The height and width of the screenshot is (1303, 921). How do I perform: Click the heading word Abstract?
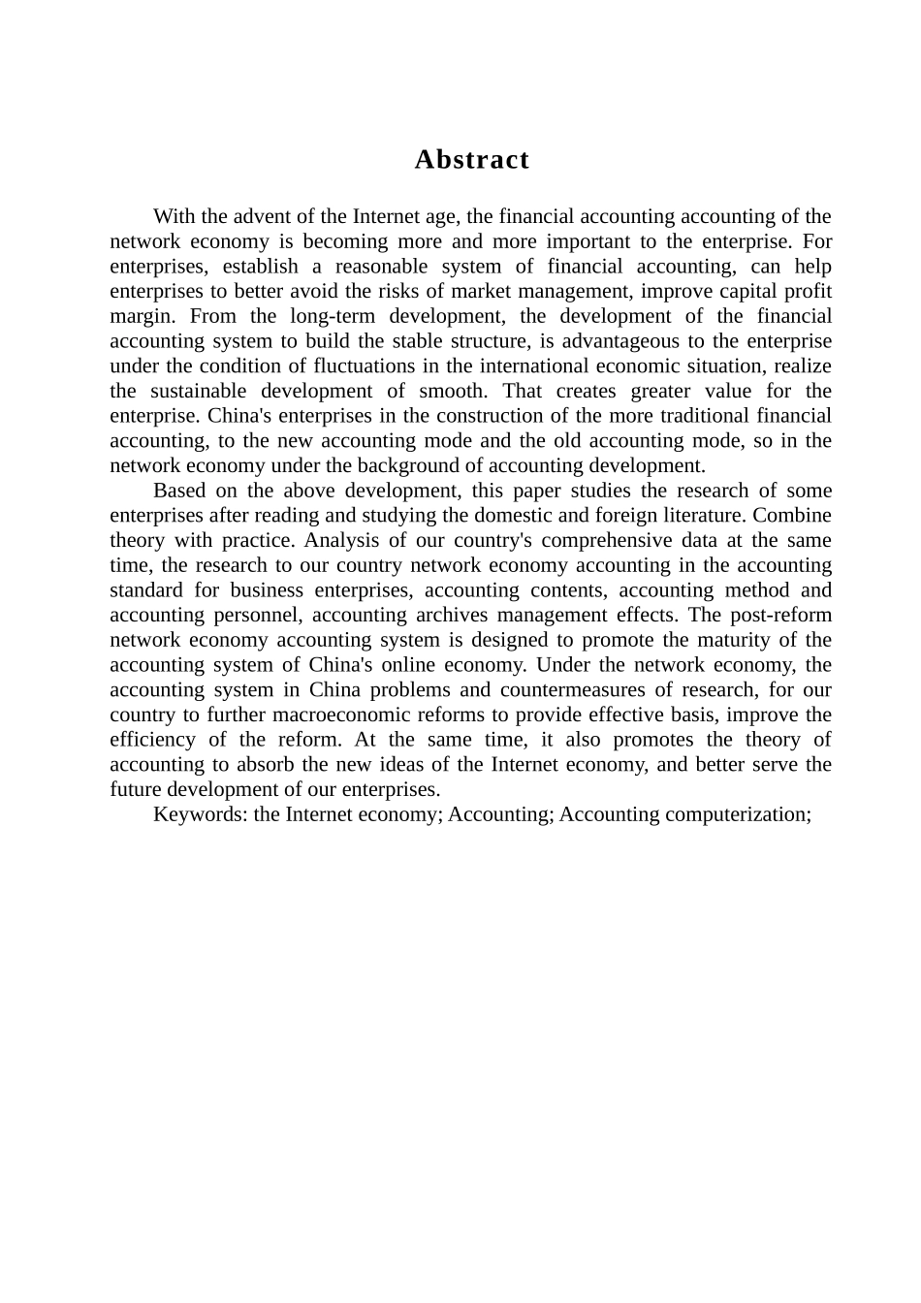pos(471,160)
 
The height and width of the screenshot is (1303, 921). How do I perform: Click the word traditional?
pos(705,416)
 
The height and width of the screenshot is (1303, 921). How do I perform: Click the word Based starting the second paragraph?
pos(179,491)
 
